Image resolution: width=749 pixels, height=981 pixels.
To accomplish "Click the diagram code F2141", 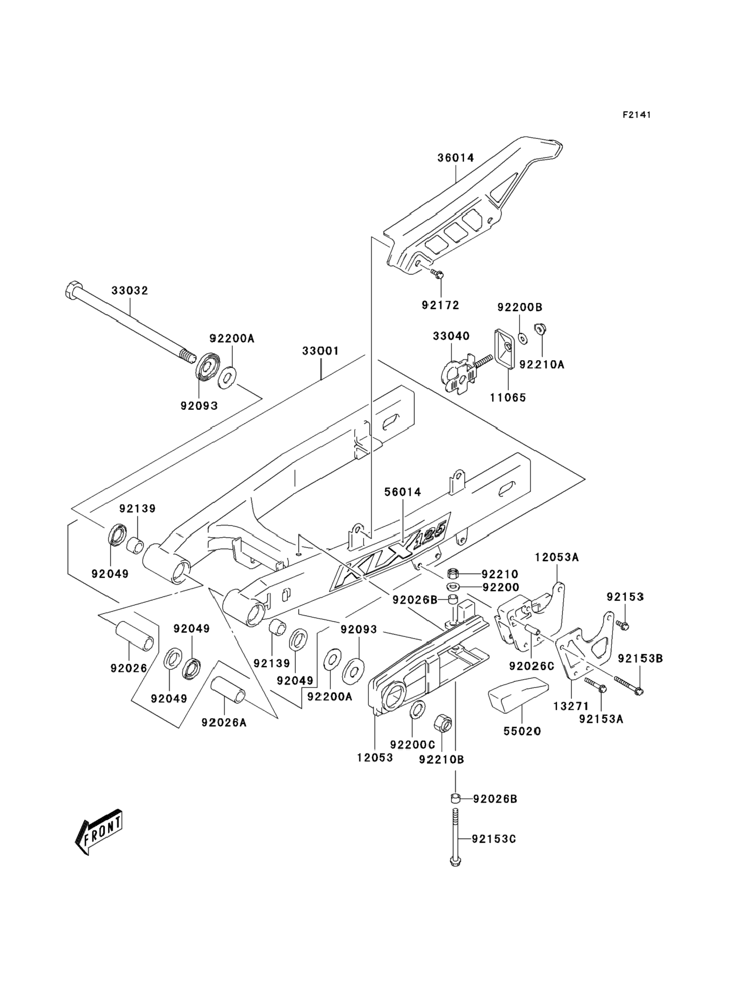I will click(636, 115).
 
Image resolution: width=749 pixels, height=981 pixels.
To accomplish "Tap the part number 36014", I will click(455, 158).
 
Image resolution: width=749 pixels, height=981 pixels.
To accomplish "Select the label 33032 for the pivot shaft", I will click(130, 291).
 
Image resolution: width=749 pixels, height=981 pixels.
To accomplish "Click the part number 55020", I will click(522, 731).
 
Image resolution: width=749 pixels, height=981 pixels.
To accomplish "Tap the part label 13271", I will click(571, 706).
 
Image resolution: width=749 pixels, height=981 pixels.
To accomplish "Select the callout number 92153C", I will click(494, 839).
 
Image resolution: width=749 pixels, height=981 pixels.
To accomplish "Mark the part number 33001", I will click(320, 351).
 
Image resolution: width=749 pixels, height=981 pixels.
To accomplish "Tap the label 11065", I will click(508, 397).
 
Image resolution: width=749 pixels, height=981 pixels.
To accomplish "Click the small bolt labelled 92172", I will click(439, 274).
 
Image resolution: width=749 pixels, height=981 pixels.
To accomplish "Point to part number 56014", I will click(403, 492).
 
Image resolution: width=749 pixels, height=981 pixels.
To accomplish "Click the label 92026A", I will click(224, 722).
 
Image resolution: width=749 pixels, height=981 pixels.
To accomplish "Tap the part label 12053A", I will click(557, 557).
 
